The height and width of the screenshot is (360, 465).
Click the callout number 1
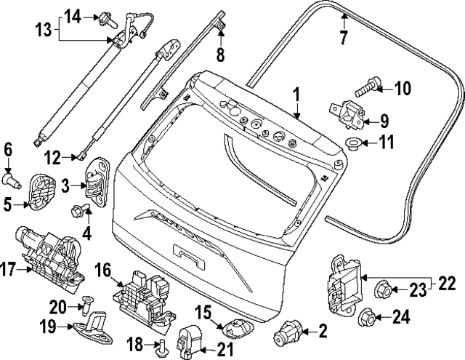296,95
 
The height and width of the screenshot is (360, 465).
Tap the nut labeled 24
367,317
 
